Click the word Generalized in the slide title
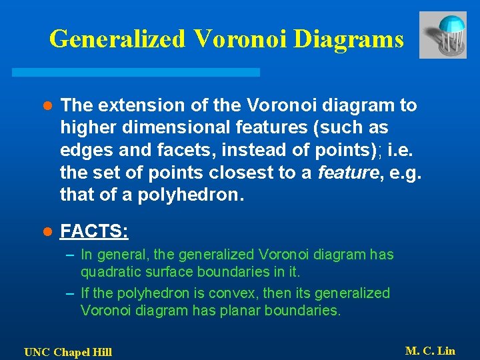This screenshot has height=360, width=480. tap(117, 39)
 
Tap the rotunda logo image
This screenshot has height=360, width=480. tap(443, 35)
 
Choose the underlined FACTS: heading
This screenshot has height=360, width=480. tap(94, 231)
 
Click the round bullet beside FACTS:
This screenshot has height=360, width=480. tap(47, 232)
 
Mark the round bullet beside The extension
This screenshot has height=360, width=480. tap(47, 106)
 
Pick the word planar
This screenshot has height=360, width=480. tap(239, 310)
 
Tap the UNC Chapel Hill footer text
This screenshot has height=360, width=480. tap(68, 352)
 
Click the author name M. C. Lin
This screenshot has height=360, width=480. tap(430, 351)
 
